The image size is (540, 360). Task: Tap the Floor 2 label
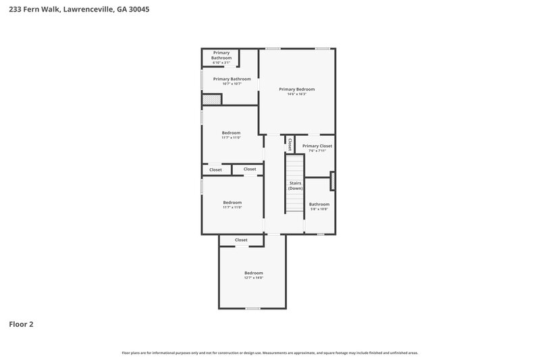coord(21,324)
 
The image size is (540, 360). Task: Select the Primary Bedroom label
coord(297,89)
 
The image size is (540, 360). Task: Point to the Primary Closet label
coord(317,146)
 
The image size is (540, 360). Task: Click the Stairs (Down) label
coord(296,186)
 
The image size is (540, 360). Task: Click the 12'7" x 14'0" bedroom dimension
coord(253,278)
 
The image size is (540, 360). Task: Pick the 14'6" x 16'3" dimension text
coord(297,95)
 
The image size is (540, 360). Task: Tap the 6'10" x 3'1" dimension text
coord(221,63)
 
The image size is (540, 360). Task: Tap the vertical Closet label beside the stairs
coord(290,144)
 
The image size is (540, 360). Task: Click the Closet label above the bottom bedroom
coord(241,240)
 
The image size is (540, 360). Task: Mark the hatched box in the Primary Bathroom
coord(211,99)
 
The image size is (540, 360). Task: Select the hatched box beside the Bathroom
coord(332,181)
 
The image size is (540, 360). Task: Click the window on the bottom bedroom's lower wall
coord(252,309)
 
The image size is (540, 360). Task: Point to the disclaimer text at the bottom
coord(270,353)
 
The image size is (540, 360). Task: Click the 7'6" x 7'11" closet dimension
coord(317,151)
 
